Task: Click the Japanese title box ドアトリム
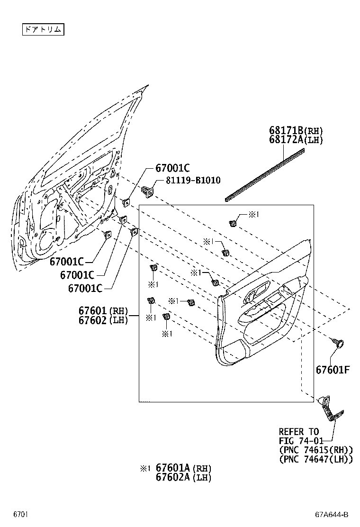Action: [43, 29]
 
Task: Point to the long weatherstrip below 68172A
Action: [265, 175]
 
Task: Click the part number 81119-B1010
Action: [193, 181]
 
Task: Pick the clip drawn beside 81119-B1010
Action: [148, 191]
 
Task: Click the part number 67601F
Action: [333, 369]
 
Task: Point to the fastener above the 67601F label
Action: [338, 342]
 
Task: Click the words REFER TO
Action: [298, 432]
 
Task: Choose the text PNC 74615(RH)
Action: [315, 450]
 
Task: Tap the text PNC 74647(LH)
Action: [315, 459]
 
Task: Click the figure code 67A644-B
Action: [332, 514]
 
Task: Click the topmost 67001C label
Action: [172, 168]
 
